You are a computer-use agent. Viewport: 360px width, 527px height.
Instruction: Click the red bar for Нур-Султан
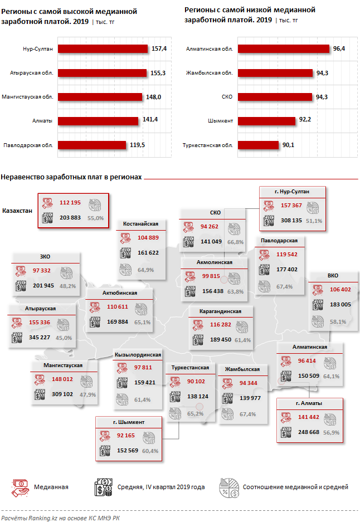103,49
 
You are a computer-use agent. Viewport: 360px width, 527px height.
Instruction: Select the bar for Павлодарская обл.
92,145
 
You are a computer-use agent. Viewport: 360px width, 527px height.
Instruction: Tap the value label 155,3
159,73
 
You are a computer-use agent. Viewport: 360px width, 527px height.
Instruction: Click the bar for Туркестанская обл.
257,145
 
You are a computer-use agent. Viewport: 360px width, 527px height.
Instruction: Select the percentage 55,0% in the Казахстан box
95,218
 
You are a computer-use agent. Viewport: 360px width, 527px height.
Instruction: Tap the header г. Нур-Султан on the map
293,192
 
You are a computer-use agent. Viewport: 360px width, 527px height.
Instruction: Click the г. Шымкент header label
129,422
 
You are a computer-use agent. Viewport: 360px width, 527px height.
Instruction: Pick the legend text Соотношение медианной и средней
295,487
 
